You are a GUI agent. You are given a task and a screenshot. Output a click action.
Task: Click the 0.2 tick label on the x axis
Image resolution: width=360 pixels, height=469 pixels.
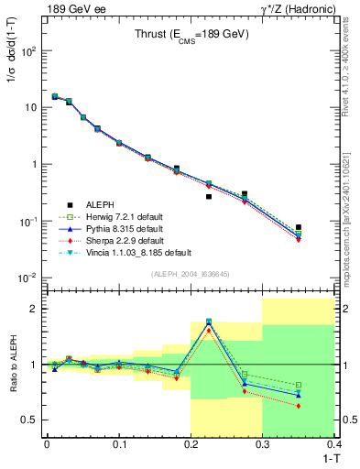[191, 443]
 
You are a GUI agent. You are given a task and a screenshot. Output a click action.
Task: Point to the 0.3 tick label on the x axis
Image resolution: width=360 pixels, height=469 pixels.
[263, 443]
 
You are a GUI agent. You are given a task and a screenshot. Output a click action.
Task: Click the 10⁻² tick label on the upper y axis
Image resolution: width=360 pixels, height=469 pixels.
[29, 278]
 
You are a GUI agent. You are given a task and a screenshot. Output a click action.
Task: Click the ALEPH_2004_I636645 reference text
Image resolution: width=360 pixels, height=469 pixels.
[190, 274]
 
